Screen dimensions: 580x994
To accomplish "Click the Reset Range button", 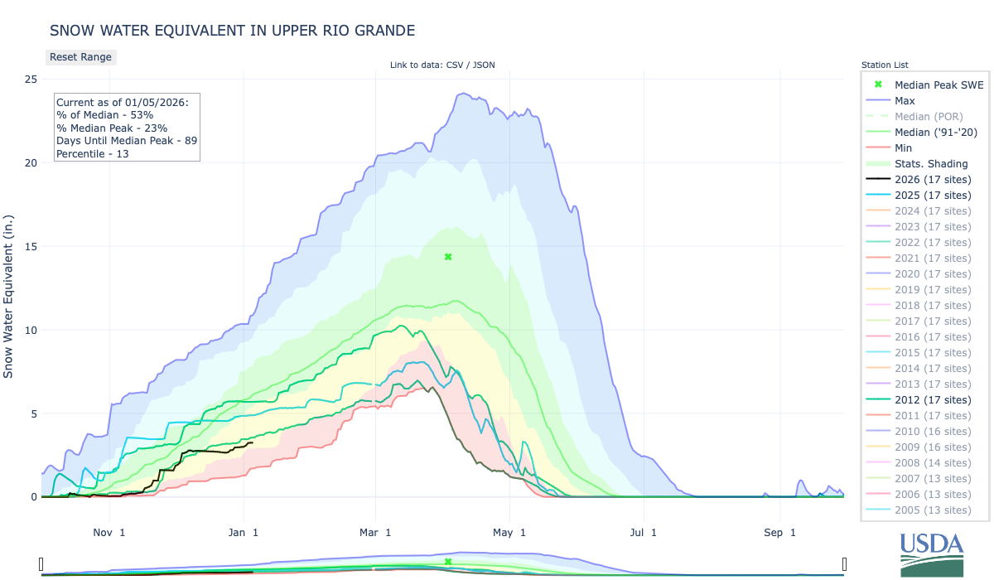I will click(x=80, y=57).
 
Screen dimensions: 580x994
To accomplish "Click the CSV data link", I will click(x=453, y=65).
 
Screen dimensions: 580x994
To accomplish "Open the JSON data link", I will click(x=484, y=65).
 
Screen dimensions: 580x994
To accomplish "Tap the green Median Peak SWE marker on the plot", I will click(x=448, y=257).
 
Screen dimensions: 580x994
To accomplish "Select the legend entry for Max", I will click(x=905, y=100).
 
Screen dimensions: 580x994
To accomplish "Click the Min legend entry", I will click(x=904, y=147).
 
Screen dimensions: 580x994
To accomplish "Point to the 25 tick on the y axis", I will click(x=30, y=80).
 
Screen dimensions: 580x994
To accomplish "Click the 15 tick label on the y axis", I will click(x=30, y=246).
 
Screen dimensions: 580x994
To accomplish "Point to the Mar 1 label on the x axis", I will click(x=376, y=533).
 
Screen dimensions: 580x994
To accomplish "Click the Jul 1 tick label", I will click(x=643, y=533).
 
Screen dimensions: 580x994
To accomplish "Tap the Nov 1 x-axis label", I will click(x=109, y=533).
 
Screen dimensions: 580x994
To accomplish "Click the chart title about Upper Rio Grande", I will click(x=232, y=31).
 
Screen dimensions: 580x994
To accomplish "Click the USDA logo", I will click(x=932, y=553).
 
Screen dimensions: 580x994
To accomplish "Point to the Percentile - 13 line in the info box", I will click(x=93, y=154).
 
